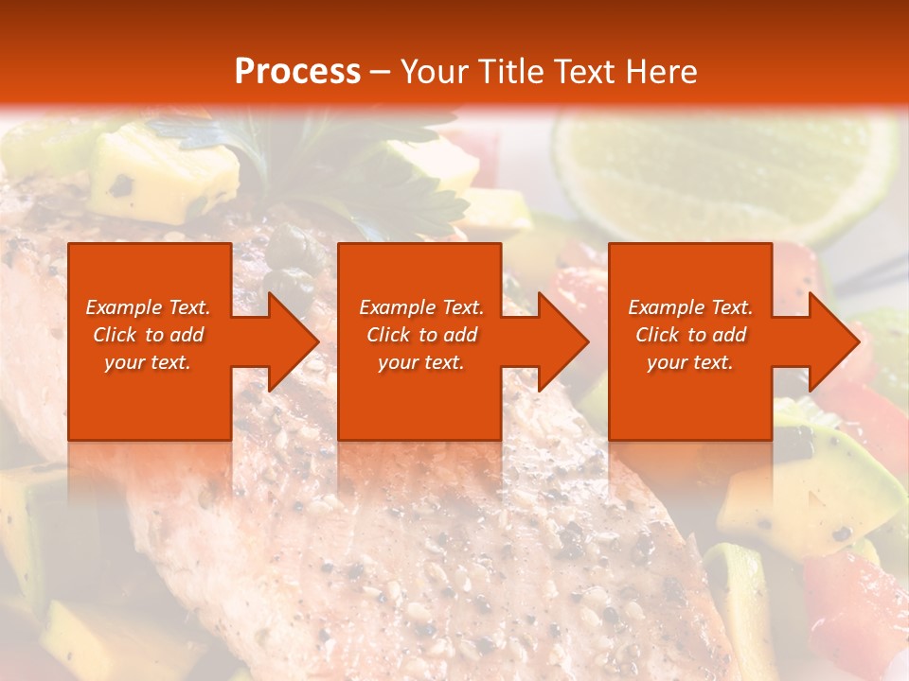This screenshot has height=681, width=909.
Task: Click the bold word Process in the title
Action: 297,72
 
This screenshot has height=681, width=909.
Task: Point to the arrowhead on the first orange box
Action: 290,341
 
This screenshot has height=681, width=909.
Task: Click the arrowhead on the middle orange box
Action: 560,341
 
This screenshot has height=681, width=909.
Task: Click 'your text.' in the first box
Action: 148,362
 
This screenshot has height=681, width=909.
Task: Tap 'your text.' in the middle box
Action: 421,362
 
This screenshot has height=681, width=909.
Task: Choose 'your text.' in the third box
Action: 690,362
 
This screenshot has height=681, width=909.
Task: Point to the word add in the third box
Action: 729,335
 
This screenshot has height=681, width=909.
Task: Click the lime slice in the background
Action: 720,175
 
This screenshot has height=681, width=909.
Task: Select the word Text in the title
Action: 586,72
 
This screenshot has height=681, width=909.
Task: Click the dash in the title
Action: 381,72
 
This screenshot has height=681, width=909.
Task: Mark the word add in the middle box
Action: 460,335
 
